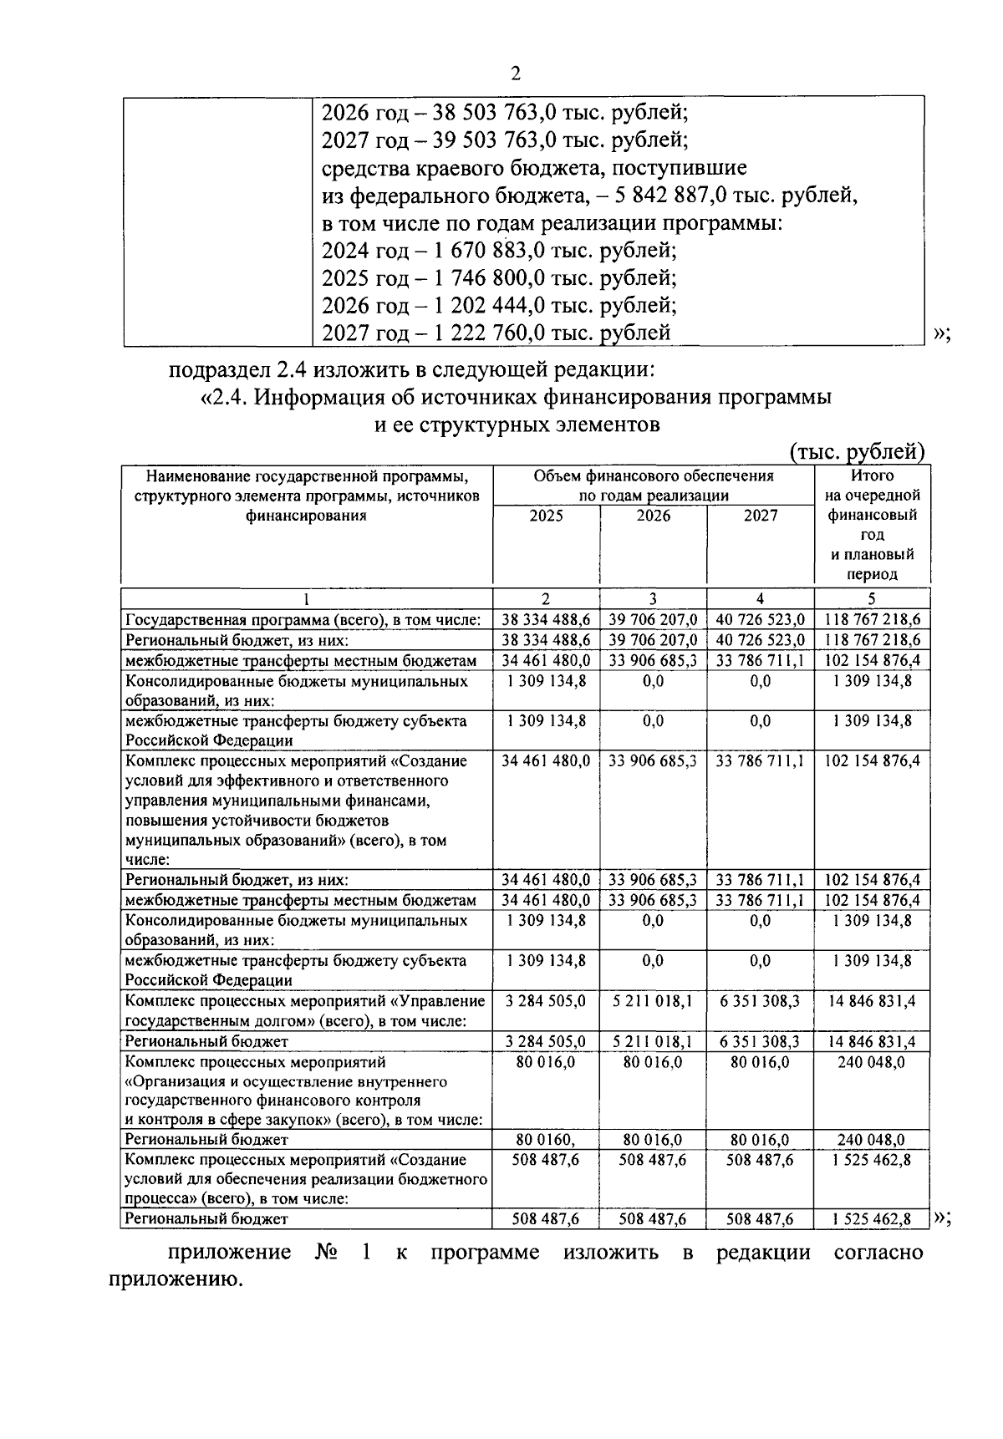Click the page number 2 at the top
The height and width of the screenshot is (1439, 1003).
coord(515,74)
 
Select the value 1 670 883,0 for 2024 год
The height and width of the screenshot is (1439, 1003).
coord(487,250)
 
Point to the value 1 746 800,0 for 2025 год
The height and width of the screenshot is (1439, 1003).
coord(487,277)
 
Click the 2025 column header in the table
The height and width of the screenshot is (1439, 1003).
coord(546,516)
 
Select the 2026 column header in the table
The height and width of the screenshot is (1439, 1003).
coord(653,516)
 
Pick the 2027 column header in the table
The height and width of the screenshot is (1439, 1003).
coord(760,516)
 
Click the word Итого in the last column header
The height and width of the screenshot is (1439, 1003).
coord(872,476)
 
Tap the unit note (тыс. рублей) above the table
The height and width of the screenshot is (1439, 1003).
coord(858,452)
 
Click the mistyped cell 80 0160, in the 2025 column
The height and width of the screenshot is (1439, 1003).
coord(546,1140)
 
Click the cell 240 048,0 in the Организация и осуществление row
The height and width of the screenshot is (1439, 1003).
coord(872,1062)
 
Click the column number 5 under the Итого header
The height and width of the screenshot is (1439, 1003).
coord(872,598)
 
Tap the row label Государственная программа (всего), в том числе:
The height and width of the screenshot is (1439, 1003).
coord(303,620)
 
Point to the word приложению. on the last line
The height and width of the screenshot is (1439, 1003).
coord(175,1279)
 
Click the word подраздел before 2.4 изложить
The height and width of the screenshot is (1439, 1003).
coord(216,369)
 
